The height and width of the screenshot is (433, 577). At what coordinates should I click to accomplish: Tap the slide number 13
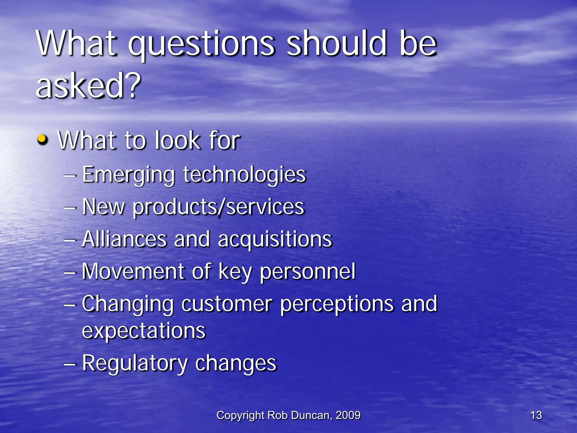(536, 415)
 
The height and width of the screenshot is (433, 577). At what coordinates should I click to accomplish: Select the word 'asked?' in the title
(88, 85)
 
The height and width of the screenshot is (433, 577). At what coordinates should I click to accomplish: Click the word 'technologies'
(244, 175)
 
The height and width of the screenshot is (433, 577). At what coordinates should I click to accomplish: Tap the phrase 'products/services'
(219, 207)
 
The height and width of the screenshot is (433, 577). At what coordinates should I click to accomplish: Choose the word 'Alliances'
(124, 239)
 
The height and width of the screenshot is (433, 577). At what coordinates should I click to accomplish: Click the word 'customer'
(227, 304)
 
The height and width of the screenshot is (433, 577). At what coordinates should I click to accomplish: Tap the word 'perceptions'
(337, 305)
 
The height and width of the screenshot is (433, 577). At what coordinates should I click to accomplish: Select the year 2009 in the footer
(348, 415)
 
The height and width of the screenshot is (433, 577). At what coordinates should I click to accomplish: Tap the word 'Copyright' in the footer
(240, 416)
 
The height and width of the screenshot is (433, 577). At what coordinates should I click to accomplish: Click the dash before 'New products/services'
(70, 208)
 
